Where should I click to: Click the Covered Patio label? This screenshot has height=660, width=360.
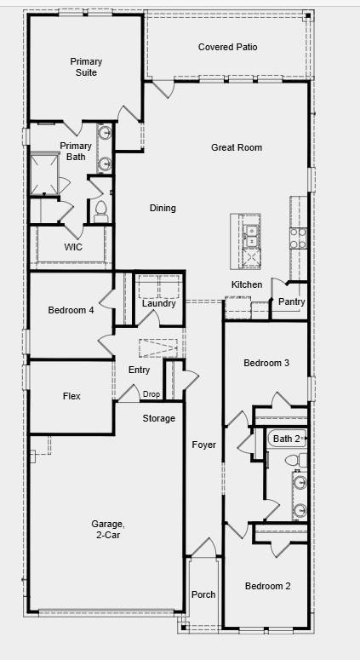point(227,48)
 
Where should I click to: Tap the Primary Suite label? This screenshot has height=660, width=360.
point(86,67)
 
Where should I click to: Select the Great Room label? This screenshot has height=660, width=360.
point(236,148)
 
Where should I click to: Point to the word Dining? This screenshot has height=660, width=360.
point(163,209)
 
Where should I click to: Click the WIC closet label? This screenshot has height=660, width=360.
point(73,247)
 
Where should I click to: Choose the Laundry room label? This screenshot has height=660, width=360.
point(158,304)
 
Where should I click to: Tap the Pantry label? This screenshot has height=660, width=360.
point(291,301)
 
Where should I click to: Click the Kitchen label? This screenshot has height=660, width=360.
point(247,284)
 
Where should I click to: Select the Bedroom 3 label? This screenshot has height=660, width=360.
point(266,364)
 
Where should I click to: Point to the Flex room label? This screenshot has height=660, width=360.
point(71,396)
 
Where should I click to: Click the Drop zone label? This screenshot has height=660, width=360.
point(151,394)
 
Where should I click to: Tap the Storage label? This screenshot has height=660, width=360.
point(158,418)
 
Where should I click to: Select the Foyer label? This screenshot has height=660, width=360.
point(203,445)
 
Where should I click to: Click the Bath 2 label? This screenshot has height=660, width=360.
point(286,439)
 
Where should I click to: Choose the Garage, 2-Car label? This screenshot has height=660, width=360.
point(108,530)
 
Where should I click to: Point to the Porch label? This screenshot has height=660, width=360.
point(203,594)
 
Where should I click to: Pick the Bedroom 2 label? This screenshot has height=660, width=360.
point(267,586)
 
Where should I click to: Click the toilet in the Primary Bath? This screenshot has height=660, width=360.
point(100,208)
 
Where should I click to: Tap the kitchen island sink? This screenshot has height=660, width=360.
point(252,230)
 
